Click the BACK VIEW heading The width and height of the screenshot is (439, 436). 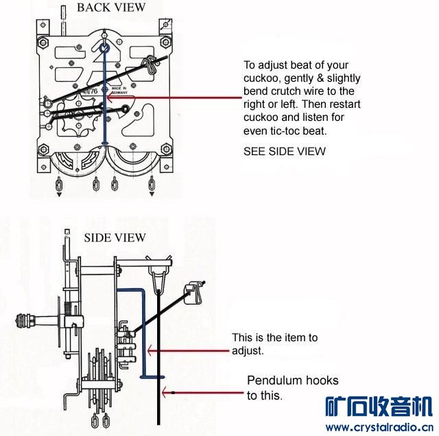coord(111,8)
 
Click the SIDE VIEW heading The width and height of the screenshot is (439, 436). coord(115,238)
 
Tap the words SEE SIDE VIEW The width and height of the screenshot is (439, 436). coord(285,151)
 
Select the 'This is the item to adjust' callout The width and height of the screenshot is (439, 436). coord(274,344)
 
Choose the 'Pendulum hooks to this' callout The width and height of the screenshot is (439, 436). coord(283,388)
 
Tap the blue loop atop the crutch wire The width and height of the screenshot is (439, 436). coord(103,49)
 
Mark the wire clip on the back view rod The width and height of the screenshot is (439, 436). coord(150,66)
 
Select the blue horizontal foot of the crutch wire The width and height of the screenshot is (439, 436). coord(152,377)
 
